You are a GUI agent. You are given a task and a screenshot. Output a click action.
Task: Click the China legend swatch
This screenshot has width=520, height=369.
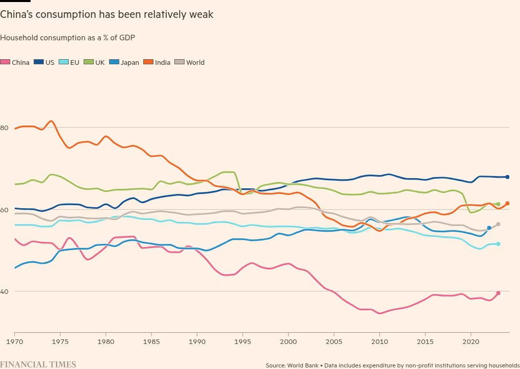[x=5, y=62]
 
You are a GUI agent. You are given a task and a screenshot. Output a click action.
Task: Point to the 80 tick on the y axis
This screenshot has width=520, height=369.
[x=4, y=128]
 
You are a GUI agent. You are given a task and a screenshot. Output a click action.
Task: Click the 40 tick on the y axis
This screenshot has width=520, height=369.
[x=4, y=291]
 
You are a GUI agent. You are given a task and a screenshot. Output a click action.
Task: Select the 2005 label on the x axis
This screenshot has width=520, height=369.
[x=334, y=341]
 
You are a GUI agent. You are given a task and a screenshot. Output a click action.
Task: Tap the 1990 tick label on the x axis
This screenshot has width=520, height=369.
[x=197, y=341]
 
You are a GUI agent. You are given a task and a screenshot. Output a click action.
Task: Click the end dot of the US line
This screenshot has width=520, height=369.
[x=507, y=177]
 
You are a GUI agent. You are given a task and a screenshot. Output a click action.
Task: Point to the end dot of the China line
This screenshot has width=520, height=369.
[x=498, y=293]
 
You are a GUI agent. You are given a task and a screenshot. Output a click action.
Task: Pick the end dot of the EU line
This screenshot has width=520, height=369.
[x=498, y=244]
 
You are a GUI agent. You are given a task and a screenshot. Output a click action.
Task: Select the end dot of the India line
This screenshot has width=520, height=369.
[x=507, y=204]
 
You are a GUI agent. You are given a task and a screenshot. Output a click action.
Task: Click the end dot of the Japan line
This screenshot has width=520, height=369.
[x=489, y=228]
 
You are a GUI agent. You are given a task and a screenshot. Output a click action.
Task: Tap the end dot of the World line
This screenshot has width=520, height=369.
[x=498, y=224]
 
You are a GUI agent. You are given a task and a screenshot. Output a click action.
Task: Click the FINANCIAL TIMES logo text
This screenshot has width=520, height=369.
[x=38, y=364]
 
